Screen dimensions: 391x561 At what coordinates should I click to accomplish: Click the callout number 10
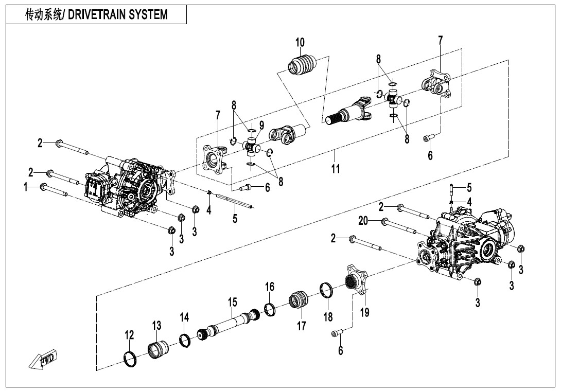(x=300, y=42)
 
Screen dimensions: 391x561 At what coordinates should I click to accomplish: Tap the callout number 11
(x=336, y=169)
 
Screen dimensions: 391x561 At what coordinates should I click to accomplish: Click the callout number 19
(x=364, y=312)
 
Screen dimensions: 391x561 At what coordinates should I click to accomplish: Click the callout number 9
(x=261, y=125)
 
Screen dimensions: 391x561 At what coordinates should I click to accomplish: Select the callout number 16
(x=270, y=287)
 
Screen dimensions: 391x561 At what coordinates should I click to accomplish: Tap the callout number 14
(x=184, y=318)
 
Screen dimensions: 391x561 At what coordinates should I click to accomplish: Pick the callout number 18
(x=328, y=316)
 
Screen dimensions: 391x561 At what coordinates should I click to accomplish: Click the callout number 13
(x=156, y=326)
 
